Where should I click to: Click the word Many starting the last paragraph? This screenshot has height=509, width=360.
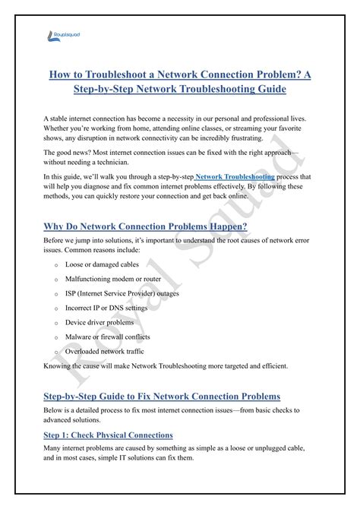54,449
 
